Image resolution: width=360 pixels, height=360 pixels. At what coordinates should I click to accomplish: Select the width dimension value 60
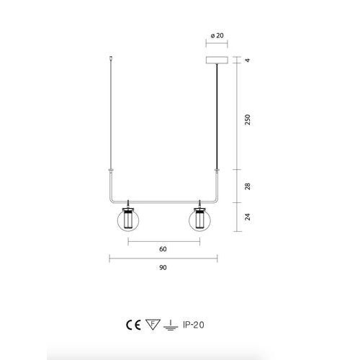tap(163, 249)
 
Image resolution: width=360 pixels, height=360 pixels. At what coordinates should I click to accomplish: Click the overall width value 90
tap(163, 267)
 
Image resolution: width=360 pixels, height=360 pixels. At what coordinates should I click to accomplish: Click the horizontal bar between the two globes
tap(163, 200)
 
